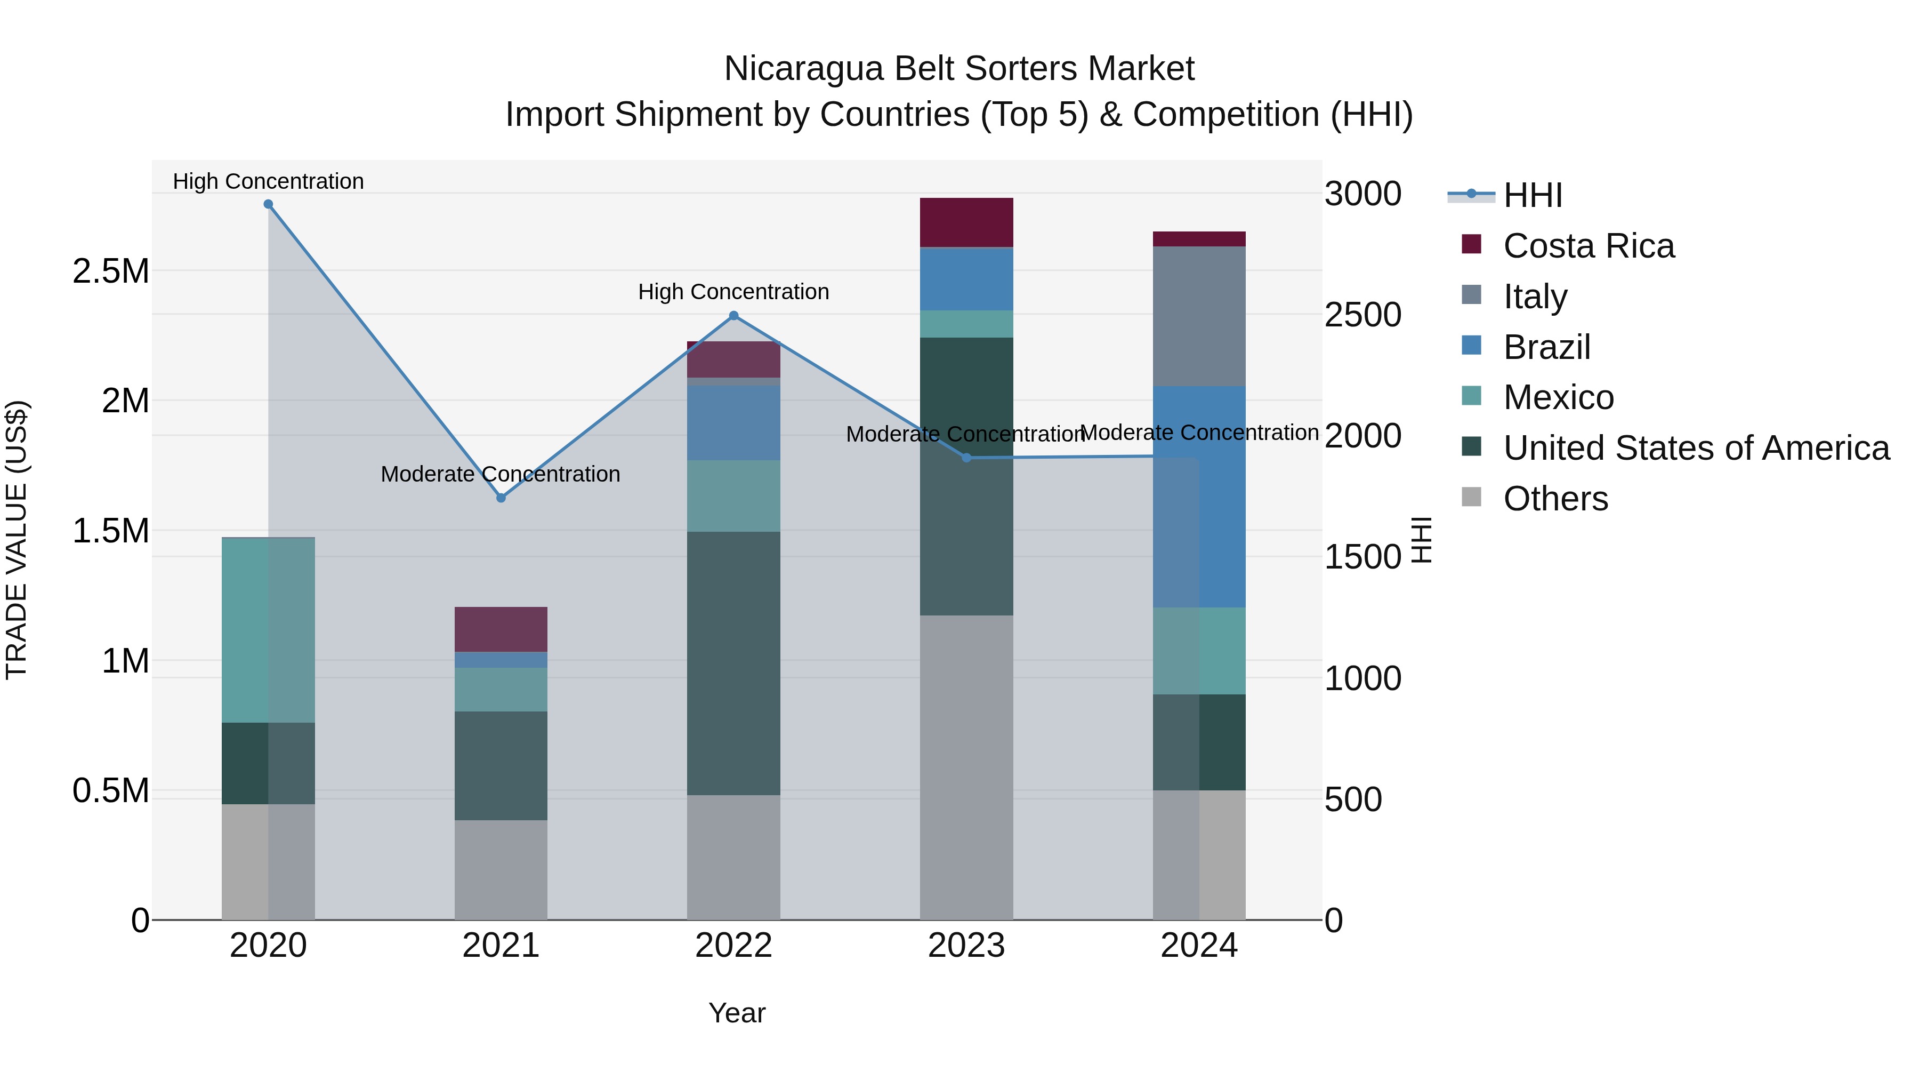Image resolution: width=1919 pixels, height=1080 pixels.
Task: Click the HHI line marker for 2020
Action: point(268,204)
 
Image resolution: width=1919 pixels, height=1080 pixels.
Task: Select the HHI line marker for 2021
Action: point(501,498)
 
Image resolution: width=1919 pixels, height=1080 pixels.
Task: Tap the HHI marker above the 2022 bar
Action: point(734,316)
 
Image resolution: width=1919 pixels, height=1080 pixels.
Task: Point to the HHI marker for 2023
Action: point(966,458)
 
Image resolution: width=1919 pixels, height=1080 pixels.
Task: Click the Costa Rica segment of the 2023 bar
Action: point(966,222)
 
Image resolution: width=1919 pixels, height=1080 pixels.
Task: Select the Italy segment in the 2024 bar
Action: point(1199,316)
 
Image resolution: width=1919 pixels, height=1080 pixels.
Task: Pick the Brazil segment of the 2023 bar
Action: point(966,279)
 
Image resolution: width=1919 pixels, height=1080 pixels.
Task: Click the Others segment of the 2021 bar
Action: point(501,870)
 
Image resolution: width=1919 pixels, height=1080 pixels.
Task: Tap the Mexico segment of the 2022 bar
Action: point(734,495)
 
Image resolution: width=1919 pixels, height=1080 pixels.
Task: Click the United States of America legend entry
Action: point(1696,448)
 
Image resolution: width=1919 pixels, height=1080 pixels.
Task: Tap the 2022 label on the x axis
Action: point(734,946)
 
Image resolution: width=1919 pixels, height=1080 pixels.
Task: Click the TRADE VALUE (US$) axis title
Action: point(17,540)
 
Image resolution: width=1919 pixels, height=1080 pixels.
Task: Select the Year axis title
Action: point(737,1013)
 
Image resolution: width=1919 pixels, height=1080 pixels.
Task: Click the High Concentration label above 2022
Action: point(734,291)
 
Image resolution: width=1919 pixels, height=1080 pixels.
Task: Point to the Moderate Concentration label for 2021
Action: point(501,474)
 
